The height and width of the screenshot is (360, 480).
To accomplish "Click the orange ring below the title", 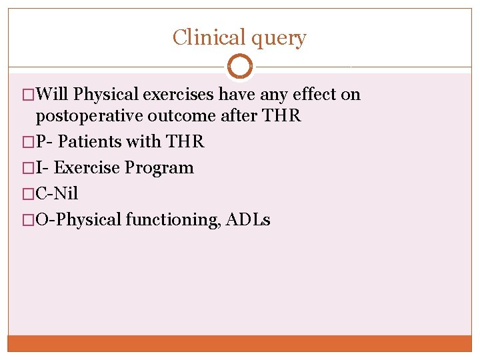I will [x=240, y=67].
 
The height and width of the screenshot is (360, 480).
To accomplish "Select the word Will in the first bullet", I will [x=54, y=95].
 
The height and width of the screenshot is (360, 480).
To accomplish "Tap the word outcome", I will [x=177, y=116].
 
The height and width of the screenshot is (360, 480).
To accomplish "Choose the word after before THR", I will [x=237, y=116].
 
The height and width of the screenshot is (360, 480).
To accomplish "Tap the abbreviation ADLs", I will [x=249, y=220].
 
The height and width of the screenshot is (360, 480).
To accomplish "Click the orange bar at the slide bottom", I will [x=240, y=343].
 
